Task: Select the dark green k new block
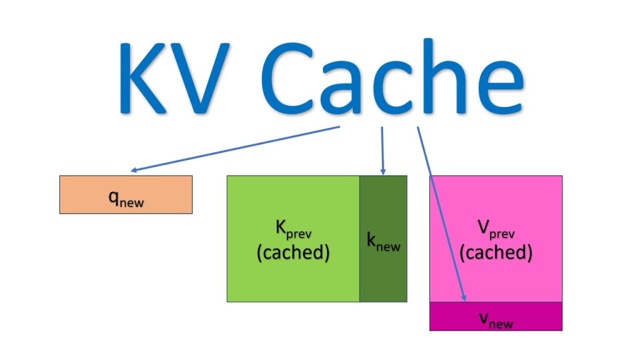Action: [x=383, y=275]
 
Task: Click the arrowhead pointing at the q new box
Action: [x=133, y=169]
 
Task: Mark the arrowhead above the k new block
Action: [x=382, y=172]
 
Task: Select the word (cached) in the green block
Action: [x=292, y=253]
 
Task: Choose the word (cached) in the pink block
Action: [x=496, y=252]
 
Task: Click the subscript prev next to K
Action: [x=299, y=235]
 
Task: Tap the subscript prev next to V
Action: [x=502, y=234]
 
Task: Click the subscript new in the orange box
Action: [x=131, y=202]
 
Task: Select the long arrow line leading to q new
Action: [x=237, y=148]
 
